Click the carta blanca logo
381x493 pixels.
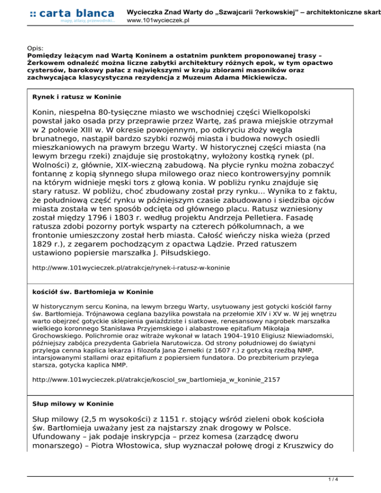point(72,15)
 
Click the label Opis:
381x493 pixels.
point(35,49)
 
